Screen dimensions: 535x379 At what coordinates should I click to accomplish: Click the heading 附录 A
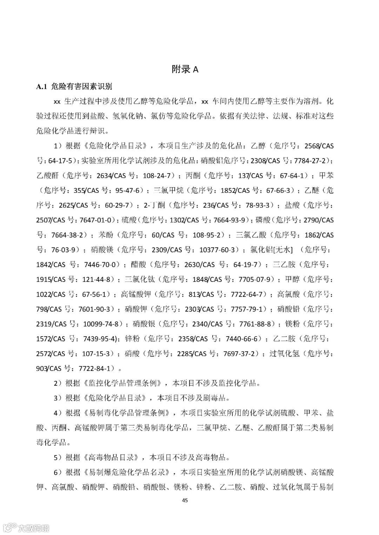[x=185, y=69]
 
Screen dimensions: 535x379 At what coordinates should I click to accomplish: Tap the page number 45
[x=185, y=500]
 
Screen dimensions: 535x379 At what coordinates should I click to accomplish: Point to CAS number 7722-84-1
[x=95, y=368]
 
